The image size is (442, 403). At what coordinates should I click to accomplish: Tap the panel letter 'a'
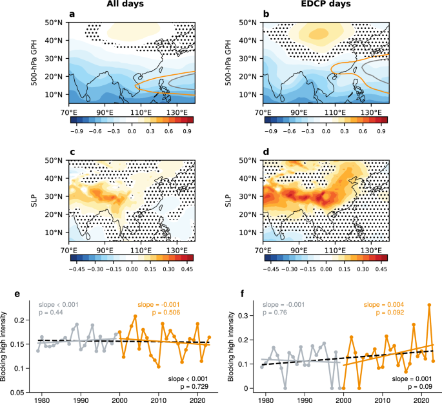click(71, 16)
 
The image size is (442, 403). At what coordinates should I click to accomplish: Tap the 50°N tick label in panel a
click(56, 23)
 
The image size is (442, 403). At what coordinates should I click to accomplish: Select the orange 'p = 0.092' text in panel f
click(384, 313)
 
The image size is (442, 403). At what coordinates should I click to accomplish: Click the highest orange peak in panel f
click(428, 304)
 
